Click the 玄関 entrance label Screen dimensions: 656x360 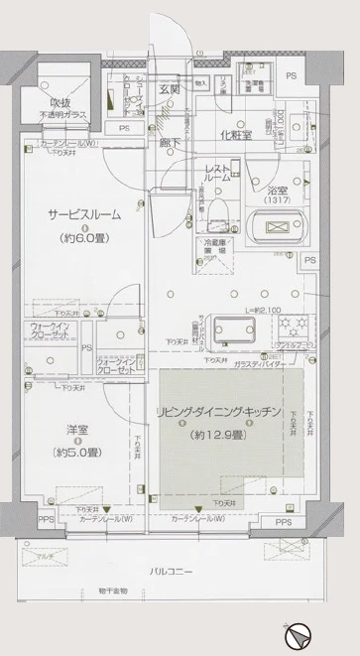[x=170, y=90]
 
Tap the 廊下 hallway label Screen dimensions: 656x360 [x=170, y=143]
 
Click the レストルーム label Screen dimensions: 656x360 [x=217, y=173]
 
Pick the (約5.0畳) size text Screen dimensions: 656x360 [x=79, y=453]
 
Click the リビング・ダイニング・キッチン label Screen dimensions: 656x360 [x=218, y=411]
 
